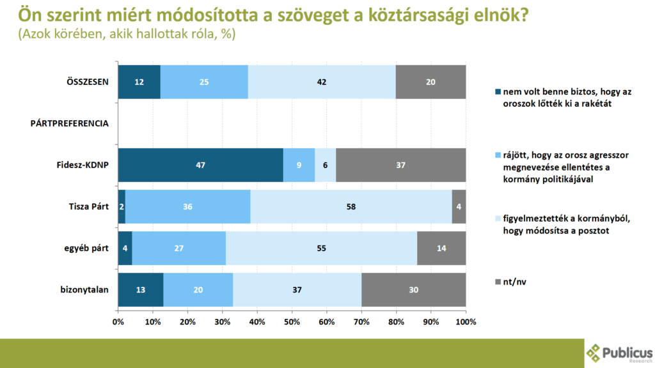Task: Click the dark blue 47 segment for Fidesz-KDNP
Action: pos(200,165)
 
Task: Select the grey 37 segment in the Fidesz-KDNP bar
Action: pos(400,165)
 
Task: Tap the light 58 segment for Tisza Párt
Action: pos(351,206)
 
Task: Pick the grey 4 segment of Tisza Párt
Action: pos(459,206)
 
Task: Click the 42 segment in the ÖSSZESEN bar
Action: pos(322,82)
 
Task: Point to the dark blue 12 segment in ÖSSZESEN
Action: pos(139,82)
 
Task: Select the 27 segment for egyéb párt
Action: pos(178,248)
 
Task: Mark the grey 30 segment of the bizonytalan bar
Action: pos(413,289)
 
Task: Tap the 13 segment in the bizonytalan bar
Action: pos(141,289)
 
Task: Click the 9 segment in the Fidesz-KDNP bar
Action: pos(299,165)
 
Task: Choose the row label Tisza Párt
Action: pos(88,206)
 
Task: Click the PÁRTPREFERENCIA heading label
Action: pos(70,123)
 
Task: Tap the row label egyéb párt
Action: pos(88,248)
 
